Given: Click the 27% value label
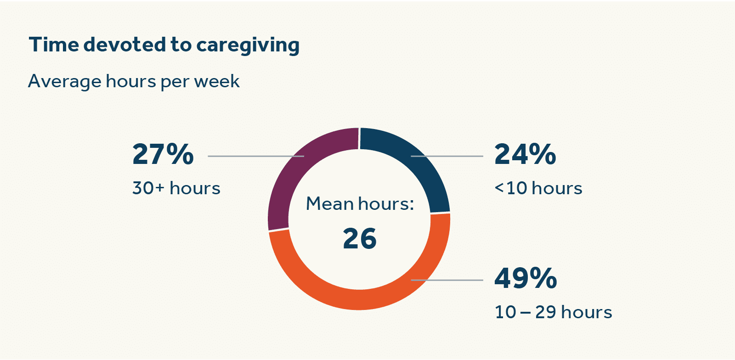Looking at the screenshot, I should [163, 154].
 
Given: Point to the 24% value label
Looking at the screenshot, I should [525, 154].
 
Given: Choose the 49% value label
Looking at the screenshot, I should [526, 278].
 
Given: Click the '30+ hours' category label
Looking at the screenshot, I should [176, 188].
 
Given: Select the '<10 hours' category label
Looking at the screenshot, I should [538, 188].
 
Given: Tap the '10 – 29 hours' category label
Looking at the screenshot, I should [553, 312].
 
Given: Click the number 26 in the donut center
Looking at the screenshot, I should [360, 239].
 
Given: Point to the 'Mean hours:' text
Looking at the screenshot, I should [360, 204].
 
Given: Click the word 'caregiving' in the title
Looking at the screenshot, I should [248, 45].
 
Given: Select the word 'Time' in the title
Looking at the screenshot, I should [54, 45].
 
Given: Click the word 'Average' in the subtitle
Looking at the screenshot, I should [64, 81].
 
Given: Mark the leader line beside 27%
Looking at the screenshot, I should [248, 156].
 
